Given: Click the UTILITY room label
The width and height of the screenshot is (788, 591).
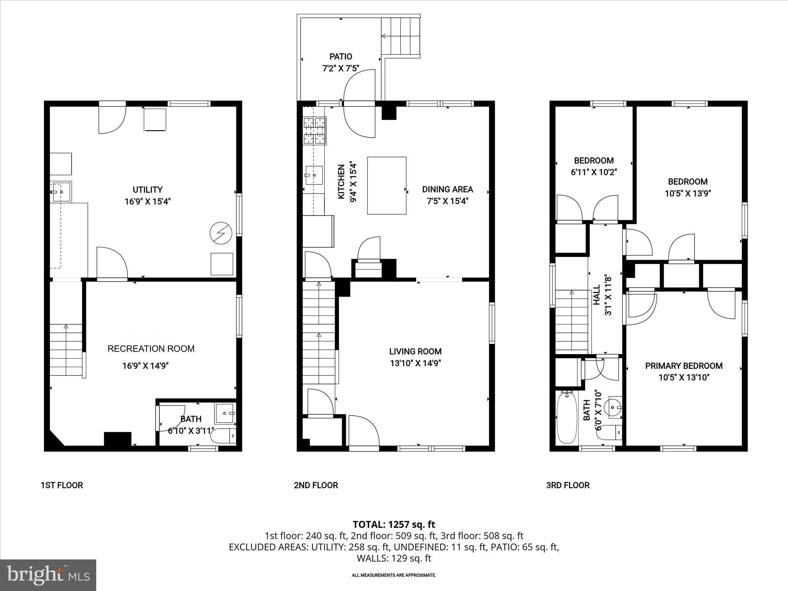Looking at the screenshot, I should [x=147, y=190].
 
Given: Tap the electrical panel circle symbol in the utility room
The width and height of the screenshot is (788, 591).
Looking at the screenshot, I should [x=220, y=233].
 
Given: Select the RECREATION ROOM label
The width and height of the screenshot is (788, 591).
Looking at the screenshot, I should [x=151, y=349].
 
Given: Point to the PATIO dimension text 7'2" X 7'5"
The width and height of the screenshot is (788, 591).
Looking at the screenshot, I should [x=341, y=68].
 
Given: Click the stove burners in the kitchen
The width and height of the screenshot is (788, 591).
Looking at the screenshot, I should [x=315, y=131].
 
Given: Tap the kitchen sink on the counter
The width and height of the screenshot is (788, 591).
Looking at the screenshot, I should [x=314, y=175].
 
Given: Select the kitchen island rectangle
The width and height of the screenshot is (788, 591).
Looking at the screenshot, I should [x=387, y=185].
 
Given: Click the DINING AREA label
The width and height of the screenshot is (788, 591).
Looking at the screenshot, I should [x=447, y=189].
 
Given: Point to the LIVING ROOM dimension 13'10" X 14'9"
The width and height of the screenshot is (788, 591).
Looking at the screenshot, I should [x=415, y=363].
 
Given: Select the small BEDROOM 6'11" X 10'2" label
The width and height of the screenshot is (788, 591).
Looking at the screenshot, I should [x=594, y=160].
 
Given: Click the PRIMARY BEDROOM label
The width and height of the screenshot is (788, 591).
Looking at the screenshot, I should [x=684, y=366].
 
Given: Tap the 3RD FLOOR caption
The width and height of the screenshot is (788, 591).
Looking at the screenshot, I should [x=568, y=485].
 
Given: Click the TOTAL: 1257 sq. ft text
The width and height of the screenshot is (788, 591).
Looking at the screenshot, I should [x=394, y=524].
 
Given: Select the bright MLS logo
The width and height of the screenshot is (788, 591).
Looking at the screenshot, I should [x=48, y=575].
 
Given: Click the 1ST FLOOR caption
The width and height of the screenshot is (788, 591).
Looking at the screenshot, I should [x=62, y=485].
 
